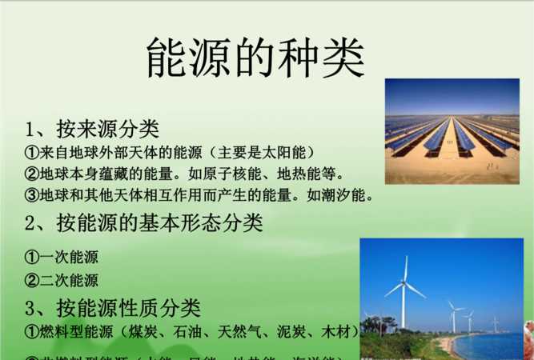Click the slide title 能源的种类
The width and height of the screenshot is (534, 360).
point(255,58)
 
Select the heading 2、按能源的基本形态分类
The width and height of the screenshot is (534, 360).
point(143,222)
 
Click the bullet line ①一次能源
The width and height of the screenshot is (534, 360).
point(62,258)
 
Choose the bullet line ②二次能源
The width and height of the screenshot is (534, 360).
point(62,280)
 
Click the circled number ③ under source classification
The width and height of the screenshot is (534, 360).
point(32,194)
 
